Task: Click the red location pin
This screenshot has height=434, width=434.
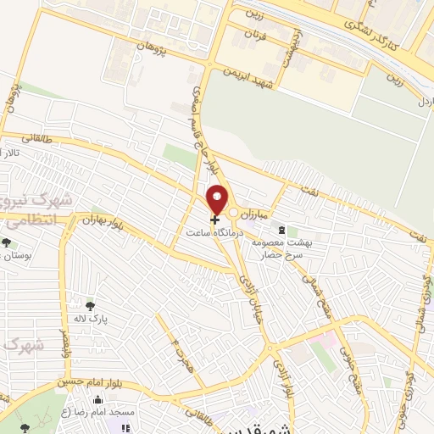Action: click(x=217, y=200)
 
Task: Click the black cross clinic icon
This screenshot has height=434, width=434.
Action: click(x=214, y=220)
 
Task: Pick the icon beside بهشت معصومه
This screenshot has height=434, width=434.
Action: click(x=280, y=230)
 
